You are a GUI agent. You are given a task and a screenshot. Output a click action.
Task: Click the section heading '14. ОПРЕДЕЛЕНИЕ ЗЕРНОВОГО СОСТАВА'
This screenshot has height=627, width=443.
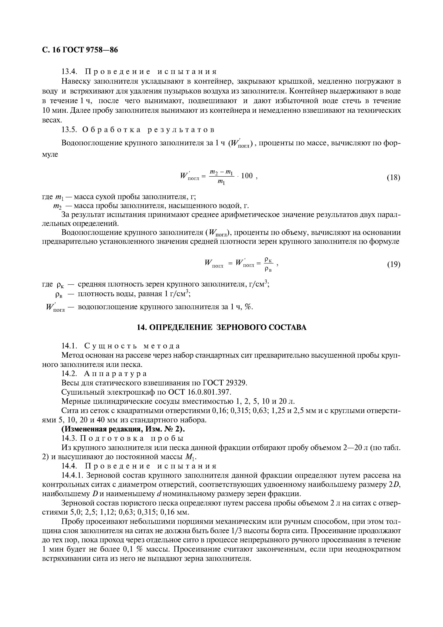pos(221,327)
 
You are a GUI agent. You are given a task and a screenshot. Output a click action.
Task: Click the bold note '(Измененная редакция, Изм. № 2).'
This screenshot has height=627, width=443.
pos(123,429)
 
